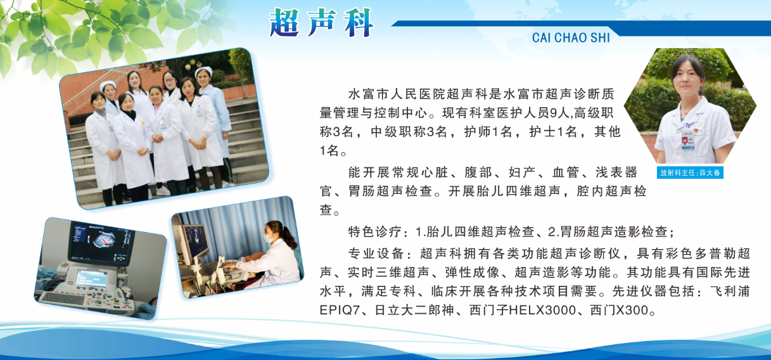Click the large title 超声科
click(x=321, y=22)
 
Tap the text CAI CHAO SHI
click(x=571, y=38)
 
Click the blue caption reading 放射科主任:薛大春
click(x=690, y=172)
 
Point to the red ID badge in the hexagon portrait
click(x=685, y=141)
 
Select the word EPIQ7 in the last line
click(x=340, y=311)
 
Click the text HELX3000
click(x=542, y=311)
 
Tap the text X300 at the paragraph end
click(x=633, y=311)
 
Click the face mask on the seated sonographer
click(x=269, y=238)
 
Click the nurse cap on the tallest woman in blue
click(x=203, y=71)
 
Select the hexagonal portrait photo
click(x=690, y=106)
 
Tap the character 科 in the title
click(x=359, y=22)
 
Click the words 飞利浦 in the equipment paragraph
click(x=730, y=292)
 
